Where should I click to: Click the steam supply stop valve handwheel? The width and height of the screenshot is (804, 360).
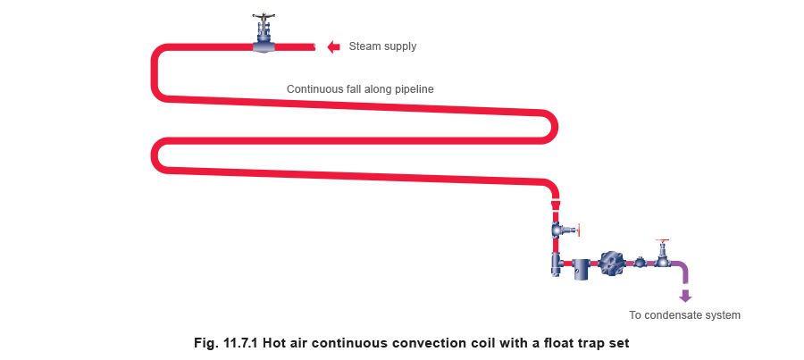pyautogui.click(x=264, y=16)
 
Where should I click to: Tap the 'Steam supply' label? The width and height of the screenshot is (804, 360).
pyautogui.click(x=382, y=46)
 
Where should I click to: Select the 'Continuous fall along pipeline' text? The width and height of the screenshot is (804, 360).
pyautogui.click(x=361, y=89)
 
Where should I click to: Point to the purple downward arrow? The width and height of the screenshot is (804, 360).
pyautogui.click(x=686, y=296)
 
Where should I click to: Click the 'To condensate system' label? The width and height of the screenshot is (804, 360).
pyautogui.click(x=685, y=315)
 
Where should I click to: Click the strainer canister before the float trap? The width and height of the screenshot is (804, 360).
pyautogui.click(x=583, y=266)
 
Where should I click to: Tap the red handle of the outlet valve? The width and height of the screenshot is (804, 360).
pyautogui.click(x=661, y=240)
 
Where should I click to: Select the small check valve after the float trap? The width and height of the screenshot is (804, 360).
pyautogui.click(x=641, y=263)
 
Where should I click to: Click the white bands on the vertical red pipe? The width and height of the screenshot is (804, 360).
pyautogui.click(x=555, y=204)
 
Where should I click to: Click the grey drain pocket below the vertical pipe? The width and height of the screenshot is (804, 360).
pyautogui.click(x=555, y=265)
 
